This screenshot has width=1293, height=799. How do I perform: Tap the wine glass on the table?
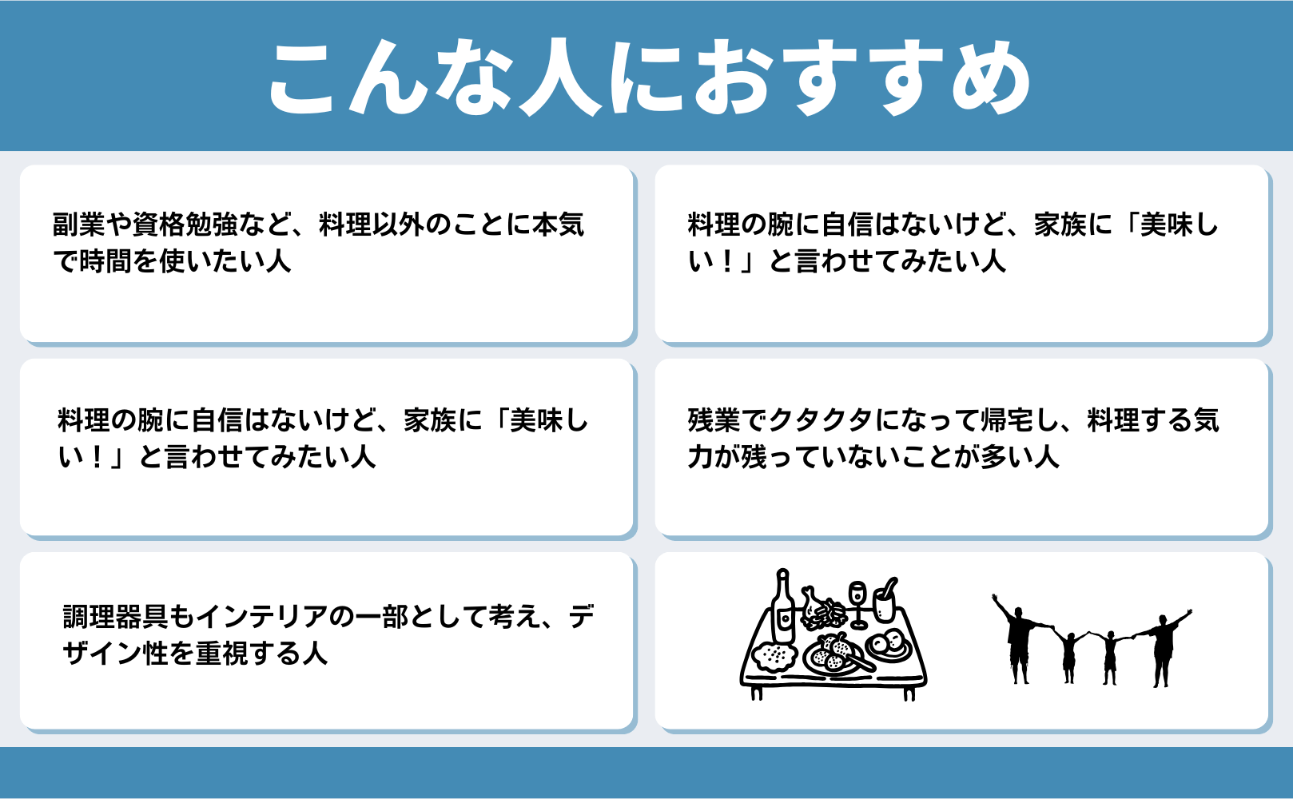pos(857,604)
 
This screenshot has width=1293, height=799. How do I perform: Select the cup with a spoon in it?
pos(885,600)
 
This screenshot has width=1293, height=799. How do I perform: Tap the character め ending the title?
pos(989,76)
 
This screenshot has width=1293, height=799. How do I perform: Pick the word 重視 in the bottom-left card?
pos(221,653)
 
